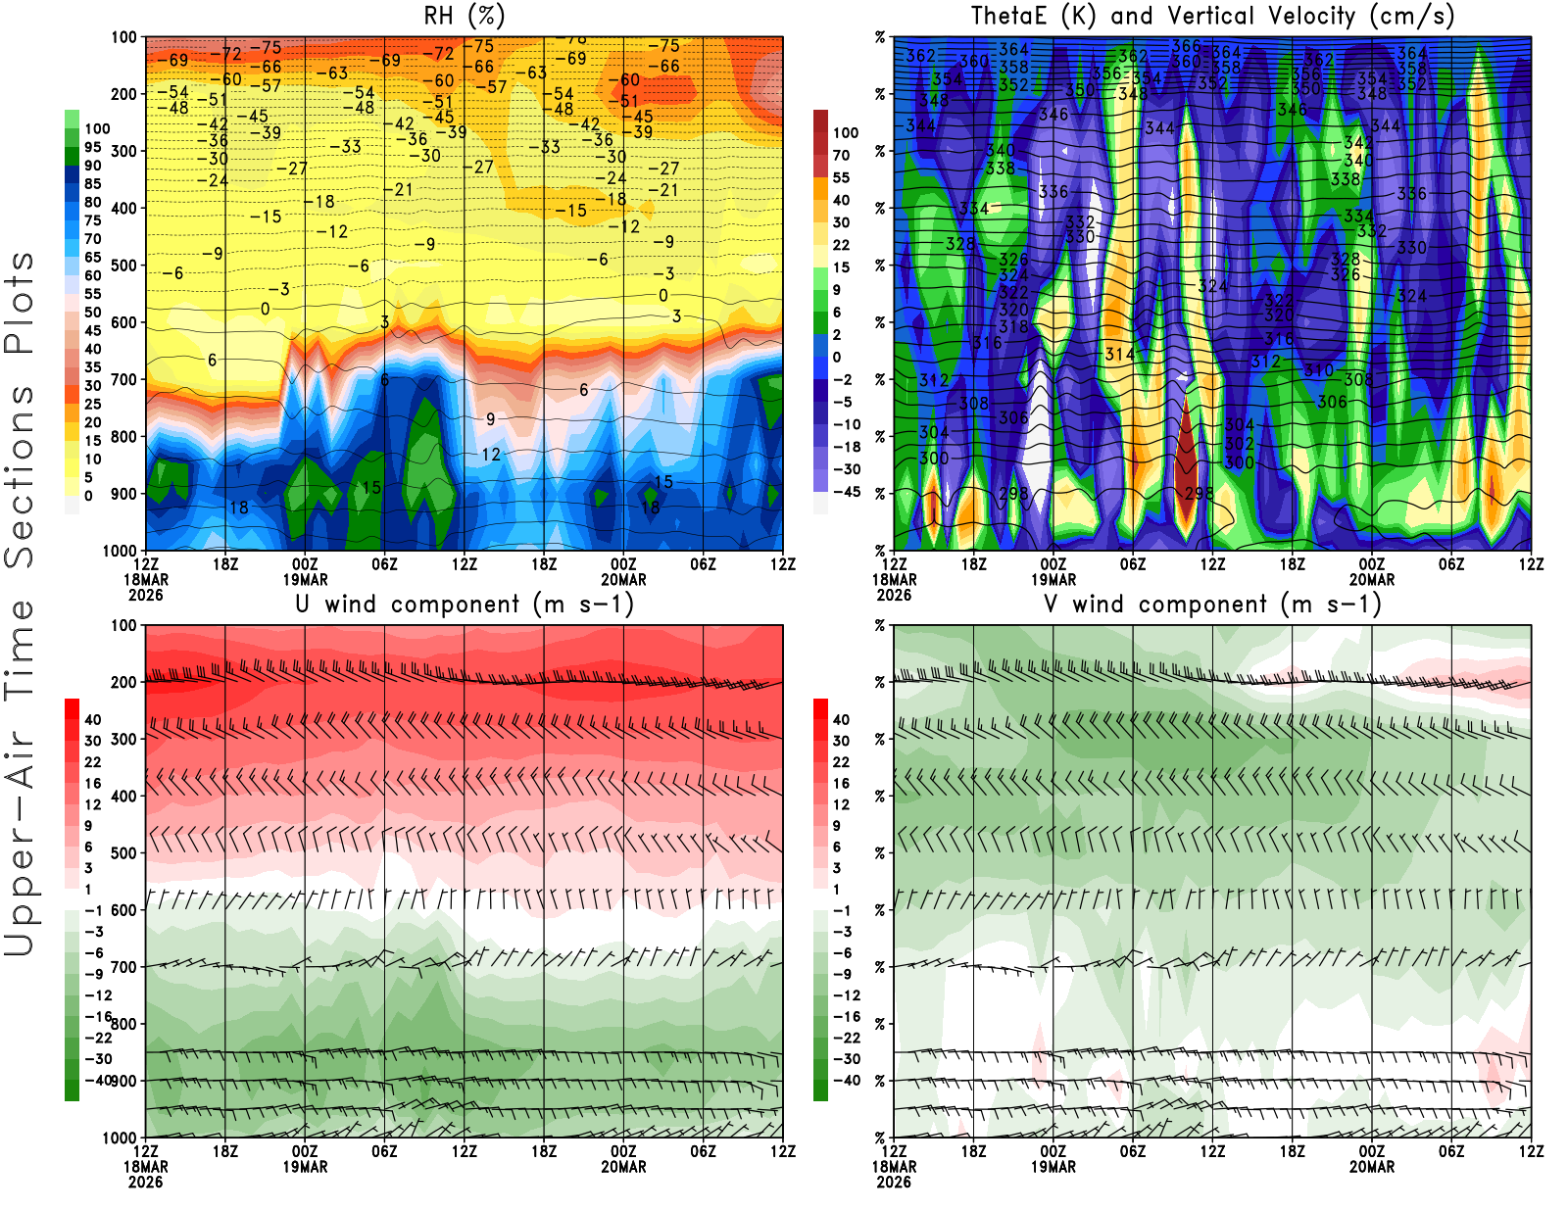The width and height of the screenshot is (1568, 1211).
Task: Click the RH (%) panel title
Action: (464, 16)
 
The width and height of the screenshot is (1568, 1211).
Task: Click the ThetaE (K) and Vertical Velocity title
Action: (1212, 16)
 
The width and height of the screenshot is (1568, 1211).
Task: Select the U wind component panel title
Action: (465, 604)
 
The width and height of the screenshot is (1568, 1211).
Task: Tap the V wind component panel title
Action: (1212, 604)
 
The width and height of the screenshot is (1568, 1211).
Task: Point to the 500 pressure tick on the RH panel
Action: (123, 266)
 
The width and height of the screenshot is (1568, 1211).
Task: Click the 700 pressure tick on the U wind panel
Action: (123, 967)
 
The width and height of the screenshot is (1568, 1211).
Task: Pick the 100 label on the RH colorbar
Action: (97, 128)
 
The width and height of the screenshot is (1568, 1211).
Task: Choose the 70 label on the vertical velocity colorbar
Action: (841, 155)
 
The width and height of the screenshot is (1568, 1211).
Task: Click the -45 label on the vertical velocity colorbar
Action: (846, 492)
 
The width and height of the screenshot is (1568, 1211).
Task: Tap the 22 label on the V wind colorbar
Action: (841, 762)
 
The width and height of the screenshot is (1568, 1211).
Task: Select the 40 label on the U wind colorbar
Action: (93, 719)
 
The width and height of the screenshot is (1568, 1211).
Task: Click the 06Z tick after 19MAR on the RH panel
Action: (384, 564)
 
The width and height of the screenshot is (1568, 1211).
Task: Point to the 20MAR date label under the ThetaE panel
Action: (1372, 579)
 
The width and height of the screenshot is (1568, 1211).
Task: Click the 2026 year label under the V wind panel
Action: (894, 1182)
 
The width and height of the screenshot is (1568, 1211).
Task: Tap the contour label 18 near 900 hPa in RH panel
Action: (238, 508)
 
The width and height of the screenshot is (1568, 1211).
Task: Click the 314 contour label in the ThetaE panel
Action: (1119, 355)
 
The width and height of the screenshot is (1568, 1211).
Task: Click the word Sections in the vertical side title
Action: (20, 475)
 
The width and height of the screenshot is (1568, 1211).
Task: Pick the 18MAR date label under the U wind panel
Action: (145, 1167)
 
